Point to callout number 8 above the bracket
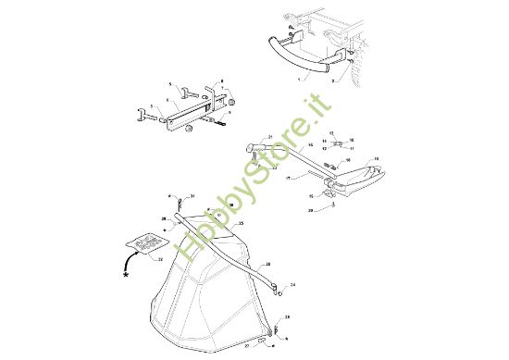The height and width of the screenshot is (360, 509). pyautogui.click(x=222, y=81)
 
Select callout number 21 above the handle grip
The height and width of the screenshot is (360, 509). pyautogui.click(x=271, y=136)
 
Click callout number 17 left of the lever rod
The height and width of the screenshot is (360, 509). pyautogui.click(x=289, y=177)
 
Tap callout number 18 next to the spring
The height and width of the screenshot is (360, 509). pyautogui.click(x=376, y=159)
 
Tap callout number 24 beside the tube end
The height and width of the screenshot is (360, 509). pyautogui.click(x=292, y=286)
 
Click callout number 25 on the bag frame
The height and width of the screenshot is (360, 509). pyautogui.click(x=240, y=224)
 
